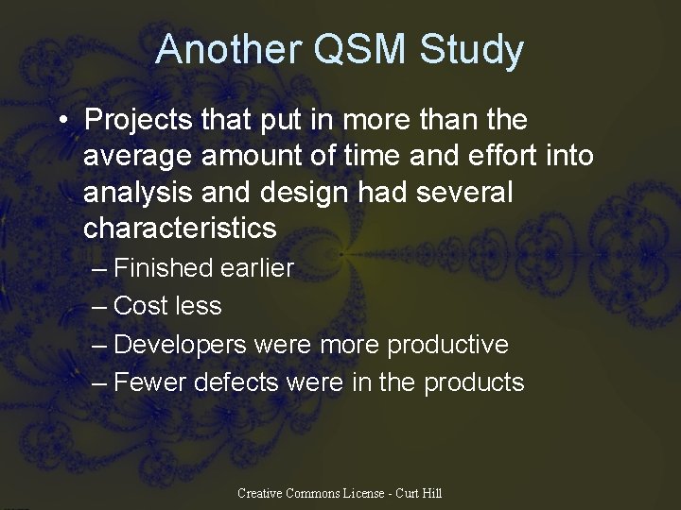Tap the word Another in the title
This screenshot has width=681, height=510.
225,50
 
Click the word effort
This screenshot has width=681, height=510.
498,157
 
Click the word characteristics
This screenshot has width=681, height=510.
180,229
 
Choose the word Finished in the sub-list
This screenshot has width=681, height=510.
163,268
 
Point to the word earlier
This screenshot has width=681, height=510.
256,268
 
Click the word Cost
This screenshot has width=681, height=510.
140,306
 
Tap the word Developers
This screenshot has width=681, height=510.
180,345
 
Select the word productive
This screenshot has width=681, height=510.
447,345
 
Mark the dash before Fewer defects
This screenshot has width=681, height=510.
100,382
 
